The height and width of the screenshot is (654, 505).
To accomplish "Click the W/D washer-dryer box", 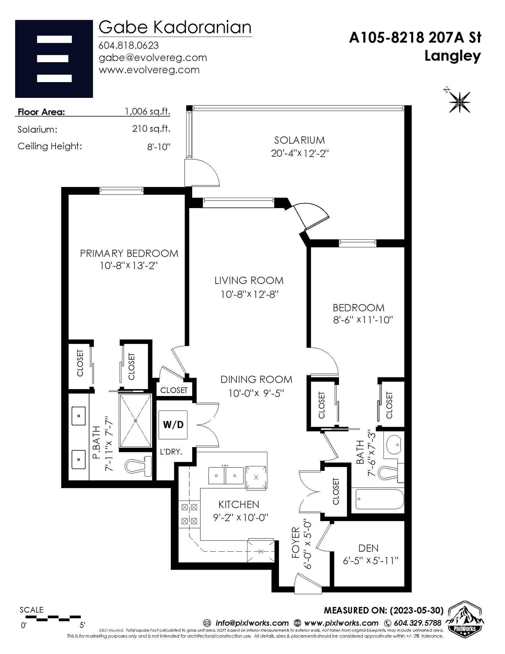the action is pyautogui.click(x=173, y=424).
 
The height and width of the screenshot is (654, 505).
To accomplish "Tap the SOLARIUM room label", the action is pyautogui.click(x=299, y=140).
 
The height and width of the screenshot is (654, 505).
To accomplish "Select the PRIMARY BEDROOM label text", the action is pyautogui.click(x=129, y=253).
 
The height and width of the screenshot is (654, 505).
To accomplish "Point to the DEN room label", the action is pyautogui.click(x=368, y=548).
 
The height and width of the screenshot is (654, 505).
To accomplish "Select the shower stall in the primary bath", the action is pyautogui.click(x=135, y=421).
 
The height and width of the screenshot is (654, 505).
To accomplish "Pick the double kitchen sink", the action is pyautogui.click(x=226, y=476).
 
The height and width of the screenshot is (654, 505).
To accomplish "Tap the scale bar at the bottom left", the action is pyautogui.click(x=50, y=617).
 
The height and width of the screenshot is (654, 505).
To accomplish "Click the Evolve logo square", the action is pyautogui.click(x=54, y=59).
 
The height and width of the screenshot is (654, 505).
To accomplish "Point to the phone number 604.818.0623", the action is pyautogui.click(x=129, y=46).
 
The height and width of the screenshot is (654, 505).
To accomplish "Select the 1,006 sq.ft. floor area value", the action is pyautogui.click(x=147, y=111).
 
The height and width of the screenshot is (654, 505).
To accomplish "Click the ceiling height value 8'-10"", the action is pyautogui.click(x=159, y=147).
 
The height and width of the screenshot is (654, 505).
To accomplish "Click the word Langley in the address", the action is pyautogui.click(x=453, y=56).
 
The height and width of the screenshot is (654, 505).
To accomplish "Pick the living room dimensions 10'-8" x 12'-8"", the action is pyautogui.click(x=249, y=294).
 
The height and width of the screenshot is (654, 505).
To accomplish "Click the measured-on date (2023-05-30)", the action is pyautogui.click(x=417, y=610).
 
